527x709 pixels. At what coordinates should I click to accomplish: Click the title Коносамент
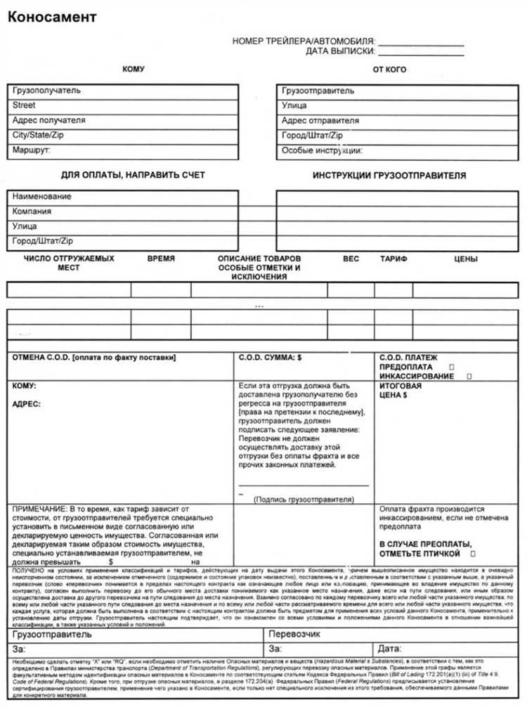tap(52, 18)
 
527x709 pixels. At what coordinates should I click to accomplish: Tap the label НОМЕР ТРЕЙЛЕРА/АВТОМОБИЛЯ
tap(304, 41)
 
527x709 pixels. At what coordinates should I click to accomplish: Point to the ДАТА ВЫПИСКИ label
tap(340, 51)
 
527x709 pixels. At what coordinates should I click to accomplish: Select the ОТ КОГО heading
tap(389, 70)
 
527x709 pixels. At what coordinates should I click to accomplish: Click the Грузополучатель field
tap(122, 91)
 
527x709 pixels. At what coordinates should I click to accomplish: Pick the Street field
tap(122, 105)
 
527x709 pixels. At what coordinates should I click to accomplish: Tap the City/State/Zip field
tap(122, 135)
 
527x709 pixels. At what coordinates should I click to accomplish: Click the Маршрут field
tap(122, 150)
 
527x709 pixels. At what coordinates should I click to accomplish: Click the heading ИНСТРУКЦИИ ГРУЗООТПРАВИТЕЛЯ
tap(389, 176)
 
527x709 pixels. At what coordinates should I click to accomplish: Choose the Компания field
tap(122, 212)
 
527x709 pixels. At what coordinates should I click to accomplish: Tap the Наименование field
tap(122, 197)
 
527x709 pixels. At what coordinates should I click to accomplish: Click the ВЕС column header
tap(351, 259)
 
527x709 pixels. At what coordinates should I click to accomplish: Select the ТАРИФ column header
tap(393, 259)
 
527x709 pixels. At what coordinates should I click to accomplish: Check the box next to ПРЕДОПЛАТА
tap(451, 367)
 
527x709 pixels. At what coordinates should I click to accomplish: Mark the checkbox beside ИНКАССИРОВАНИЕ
tap(469, 377)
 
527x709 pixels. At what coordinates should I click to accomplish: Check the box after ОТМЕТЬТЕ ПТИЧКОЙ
tap(472, 554)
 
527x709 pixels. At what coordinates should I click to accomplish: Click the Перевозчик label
tap(295, 635)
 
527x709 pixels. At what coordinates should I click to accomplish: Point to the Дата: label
tap(390, 648)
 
